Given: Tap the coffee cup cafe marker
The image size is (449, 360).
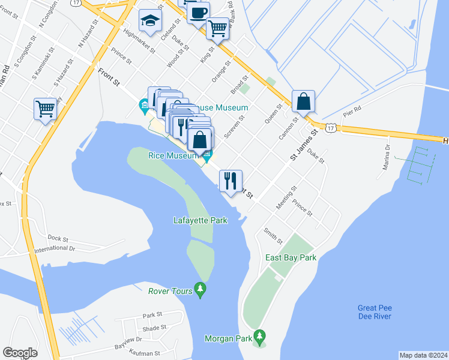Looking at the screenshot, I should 198,12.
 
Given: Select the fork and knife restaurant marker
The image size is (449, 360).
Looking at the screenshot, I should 231,180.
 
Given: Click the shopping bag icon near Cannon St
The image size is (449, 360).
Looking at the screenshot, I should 304,101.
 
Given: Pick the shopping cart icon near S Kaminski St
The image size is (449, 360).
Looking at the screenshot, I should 45,109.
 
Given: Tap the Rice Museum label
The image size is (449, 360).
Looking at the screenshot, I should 173,156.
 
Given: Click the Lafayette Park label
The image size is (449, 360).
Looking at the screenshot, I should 200,220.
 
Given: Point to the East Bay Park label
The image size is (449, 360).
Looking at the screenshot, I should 291,258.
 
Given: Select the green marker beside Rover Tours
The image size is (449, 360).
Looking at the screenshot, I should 200,290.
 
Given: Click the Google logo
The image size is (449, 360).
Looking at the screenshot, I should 20,353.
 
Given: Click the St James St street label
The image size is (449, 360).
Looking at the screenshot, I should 302,146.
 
